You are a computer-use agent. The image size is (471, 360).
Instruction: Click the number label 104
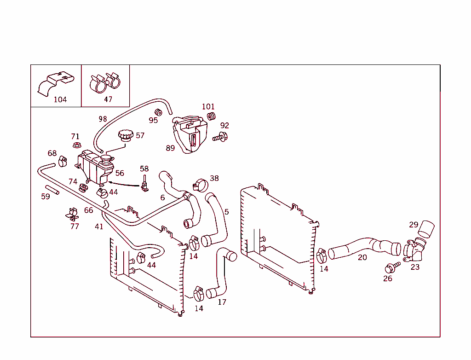pyautogui.click(x=60, y=99)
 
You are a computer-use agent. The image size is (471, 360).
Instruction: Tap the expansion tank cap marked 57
pyautogui.click(x=125, y=136)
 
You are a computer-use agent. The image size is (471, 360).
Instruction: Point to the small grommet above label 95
pyautogui.click(x=158, y=112)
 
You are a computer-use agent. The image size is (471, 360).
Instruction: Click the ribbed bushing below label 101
pyautogui.click(x=211, y=116)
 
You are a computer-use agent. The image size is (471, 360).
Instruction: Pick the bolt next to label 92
pyautogui.click(x=221, y=136)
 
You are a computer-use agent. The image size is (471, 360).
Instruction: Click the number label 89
pyautogui.click(x=170, y=148)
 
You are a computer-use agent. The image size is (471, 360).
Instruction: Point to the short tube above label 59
pyautogui.click(x=52, y=189)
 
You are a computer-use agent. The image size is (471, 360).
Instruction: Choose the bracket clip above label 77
pyautogui.click(x=72, y=214)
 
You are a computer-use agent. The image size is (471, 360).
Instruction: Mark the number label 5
pyautogui.click(x=226, y=212)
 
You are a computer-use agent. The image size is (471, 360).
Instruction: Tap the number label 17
pyautogui.click(x=222, y=302)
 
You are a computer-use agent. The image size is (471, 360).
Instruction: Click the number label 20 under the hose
pyautogui.click(x=362, y=257)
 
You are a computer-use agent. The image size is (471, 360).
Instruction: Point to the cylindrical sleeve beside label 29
pyautogui.click(x=427, y=229)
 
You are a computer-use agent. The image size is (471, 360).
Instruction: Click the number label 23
pyautogui.click(x=415, y=267)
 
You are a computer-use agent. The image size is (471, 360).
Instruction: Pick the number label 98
pyautogui.click(x=103, y=119)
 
